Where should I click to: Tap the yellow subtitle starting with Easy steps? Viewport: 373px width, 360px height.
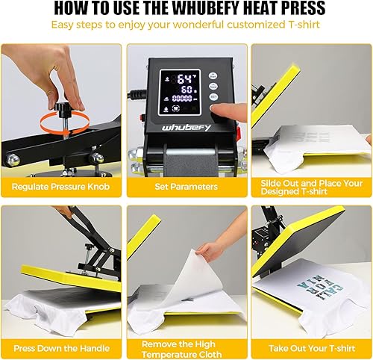tap(186, 25)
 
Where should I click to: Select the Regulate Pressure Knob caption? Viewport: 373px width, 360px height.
tap(60, 185)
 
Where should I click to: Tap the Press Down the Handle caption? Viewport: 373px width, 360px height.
tap(61, 347)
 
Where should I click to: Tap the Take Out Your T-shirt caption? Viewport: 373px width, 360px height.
tap(311, 347)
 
